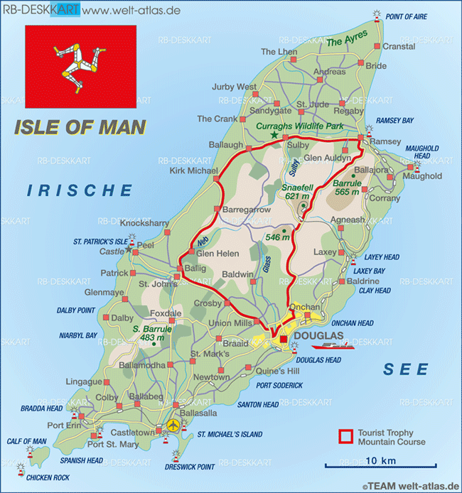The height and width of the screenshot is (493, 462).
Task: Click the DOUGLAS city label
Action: click(x=318, y=335)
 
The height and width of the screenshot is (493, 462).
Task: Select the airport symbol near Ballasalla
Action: click(x=173, y=425)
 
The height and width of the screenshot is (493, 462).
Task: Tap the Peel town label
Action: click(x=146, y=245)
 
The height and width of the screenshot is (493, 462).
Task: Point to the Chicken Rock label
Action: click(x=50, y=477)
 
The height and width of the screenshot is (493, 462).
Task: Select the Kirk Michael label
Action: click(x=193, y=170)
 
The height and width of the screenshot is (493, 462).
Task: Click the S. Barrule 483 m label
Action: click(x=152, y=334)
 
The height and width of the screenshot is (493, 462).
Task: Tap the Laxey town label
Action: click(x=325, y=251)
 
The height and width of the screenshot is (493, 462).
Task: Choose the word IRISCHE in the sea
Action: click(x=80, y=190)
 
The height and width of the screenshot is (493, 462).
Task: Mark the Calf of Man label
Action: click(x=26, y=441)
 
